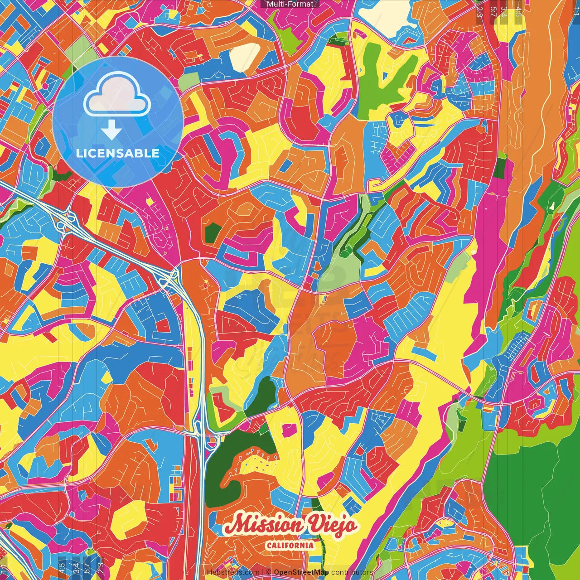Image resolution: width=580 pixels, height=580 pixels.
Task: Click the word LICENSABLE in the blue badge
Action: pos(118,153)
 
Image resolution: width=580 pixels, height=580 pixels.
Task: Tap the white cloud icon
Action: pos(117,95)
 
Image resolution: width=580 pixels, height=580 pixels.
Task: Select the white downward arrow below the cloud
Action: pos(111,130)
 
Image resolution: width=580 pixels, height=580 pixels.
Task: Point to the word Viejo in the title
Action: pos(333,525)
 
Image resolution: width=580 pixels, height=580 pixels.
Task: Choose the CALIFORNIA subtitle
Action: pos(290,545)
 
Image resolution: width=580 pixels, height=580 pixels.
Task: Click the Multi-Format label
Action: pos(290,4)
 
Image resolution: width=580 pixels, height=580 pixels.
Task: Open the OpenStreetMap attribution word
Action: pos(301,572)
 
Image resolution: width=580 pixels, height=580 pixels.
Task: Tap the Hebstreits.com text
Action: pos(233,572)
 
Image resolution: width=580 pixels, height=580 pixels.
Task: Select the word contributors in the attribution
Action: pos(352,572)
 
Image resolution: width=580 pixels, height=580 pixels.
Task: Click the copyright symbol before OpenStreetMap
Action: pos(268,572)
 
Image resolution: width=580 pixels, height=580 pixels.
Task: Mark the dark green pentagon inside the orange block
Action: pos(212,233)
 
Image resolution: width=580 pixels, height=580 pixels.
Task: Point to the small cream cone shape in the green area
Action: pos(552,205)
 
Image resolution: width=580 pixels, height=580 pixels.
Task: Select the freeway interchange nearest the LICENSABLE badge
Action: pos(63,221)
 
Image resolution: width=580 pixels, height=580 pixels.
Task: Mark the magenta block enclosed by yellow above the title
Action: pos(290,429)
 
